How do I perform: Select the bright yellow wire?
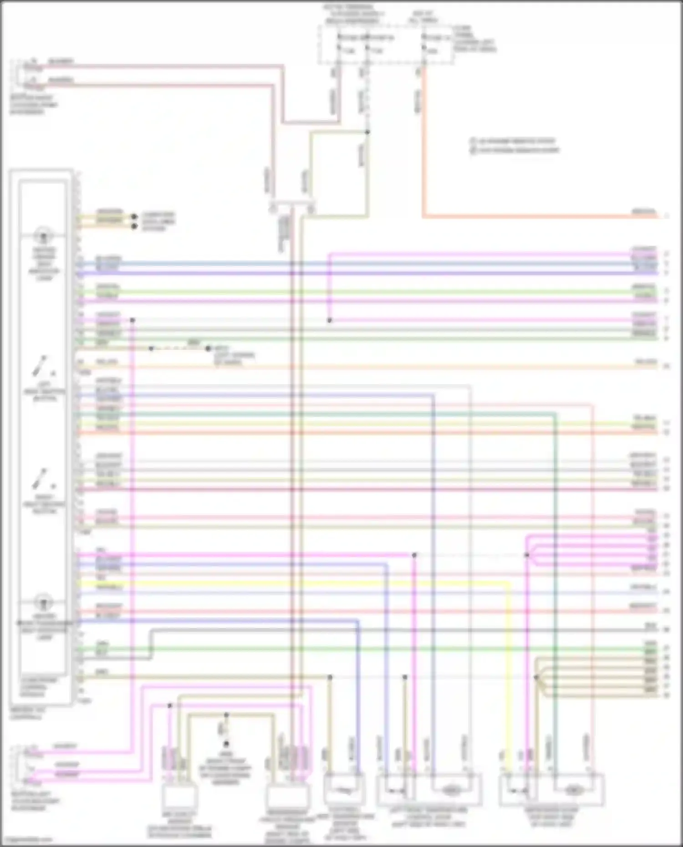coord(319,583)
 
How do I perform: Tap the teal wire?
coord(319,414)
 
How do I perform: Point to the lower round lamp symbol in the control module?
coord(44,603)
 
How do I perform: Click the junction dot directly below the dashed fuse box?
coord(367,132)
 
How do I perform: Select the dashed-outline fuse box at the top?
coord(386,44)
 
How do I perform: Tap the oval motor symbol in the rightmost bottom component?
coord(572,791)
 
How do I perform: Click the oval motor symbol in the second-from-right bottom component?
coord(450,791)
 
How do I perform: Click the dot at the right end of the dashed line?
coord(208,349)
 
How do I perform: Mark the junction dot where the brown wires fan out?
coord(536,677)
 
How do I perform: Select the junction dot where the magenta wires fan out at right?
coord(526,555)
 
